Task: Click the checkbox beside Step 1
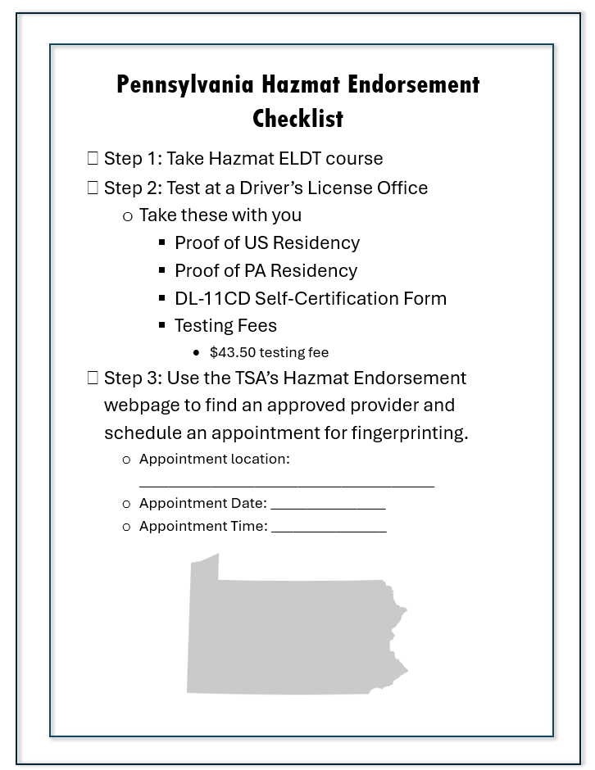93,158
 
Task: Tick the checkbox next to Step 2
93,188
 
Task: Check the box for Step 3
93,378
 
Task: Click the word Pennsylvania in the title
185,84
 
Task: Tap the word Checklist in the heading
297,119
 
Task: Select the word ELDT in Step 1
301,158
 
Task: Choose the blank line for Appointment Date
328,508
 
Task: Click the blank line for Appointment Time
329,531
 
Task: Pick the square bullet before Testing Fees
162,325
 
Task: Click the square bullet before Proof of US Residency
162,242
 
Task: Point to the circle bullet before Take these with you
127,215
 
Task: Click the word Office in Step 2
402,188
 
